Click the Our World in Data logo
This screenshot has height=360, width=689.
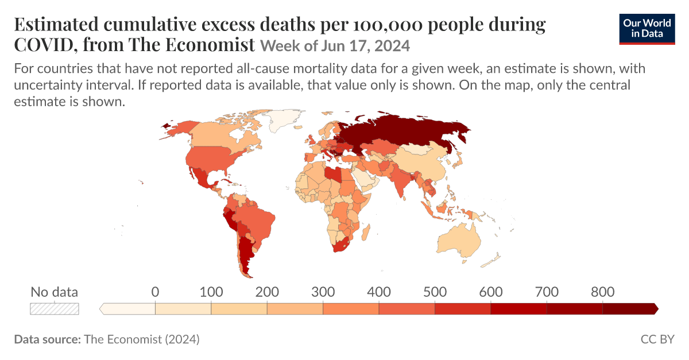pos(647,29)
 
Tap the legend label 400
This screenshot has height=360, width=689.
pos(378,292)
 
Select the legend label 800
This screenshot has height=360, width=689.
pos(602,292)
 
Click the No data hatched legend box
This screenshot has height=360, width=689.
pos(55,309)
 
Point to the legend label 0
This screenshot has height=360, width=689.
pos(155,292)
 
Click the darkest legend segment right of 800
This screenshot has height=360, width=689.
pos(630,309)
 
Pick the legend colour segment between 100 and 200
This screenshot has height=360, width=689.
pos(239,309)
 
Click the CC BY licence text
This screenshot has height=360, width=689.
pos(657,339)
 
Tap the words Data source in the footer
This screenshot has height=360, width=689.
pos(47,339)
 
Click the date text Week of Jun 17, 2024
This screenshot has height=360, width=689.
pos(335,46)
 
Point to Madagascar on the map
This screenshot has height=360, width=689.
pos(365,233)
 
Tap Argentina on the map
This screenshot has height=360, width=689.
pos(246,256)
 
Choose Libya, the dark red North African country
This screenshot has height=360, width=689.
pos(334,175)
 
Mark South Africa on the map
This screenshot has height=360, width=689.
pos(342,245)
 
